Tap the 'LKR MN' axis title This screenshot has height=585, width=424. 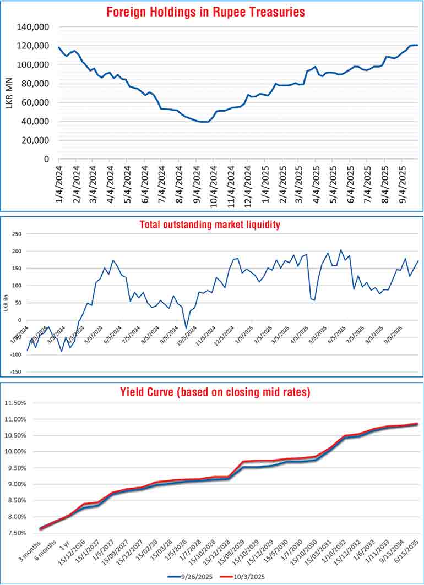(9, 92)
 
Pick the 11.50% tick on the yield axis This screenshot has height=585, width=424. (21, 403)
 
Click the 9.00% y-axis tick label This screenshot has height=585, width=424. (23, 484)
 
